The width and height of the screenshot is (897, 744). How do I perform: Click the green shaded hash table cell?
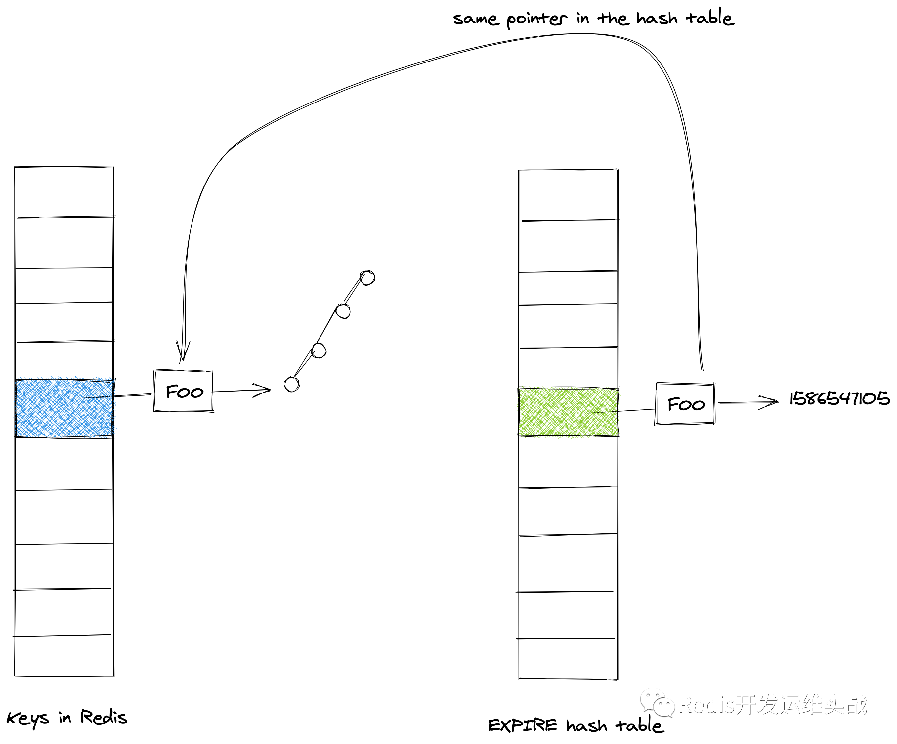click(x=568, y=412)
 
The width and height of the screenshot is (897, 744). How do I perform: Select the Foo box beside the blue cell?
click(x=183, y=391)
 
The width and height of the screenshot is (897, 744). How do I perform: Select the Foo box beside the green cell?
click(x=685, y=404)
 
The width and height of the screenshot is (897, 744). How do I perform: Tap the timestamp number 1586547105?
click(x=839, y=398)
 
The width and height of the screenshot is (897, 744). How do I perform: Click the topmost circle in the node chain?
click(x=367, y=278)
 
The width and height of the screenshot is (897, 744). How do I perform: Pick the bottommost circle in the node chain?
click(x=292, y=384)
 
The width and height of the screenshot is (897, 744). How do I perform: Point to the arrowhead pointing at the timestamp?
click(x=769, y=402)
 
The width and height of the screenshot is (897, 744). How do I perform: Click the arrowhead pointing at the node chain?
click(x=262, y=390)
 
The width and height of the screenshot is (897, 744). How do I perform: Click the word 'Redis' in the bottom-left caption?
click(x=104, y=717)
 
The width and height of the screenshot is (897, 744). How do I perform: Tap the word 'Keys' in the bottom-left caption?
click(x=28, y=719)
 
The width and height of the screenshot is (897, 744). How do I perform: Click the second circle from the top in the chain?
click(x=343, y=311)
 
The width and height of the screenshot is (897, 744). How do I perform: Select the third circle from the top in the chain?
click(x=319, y=350)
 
